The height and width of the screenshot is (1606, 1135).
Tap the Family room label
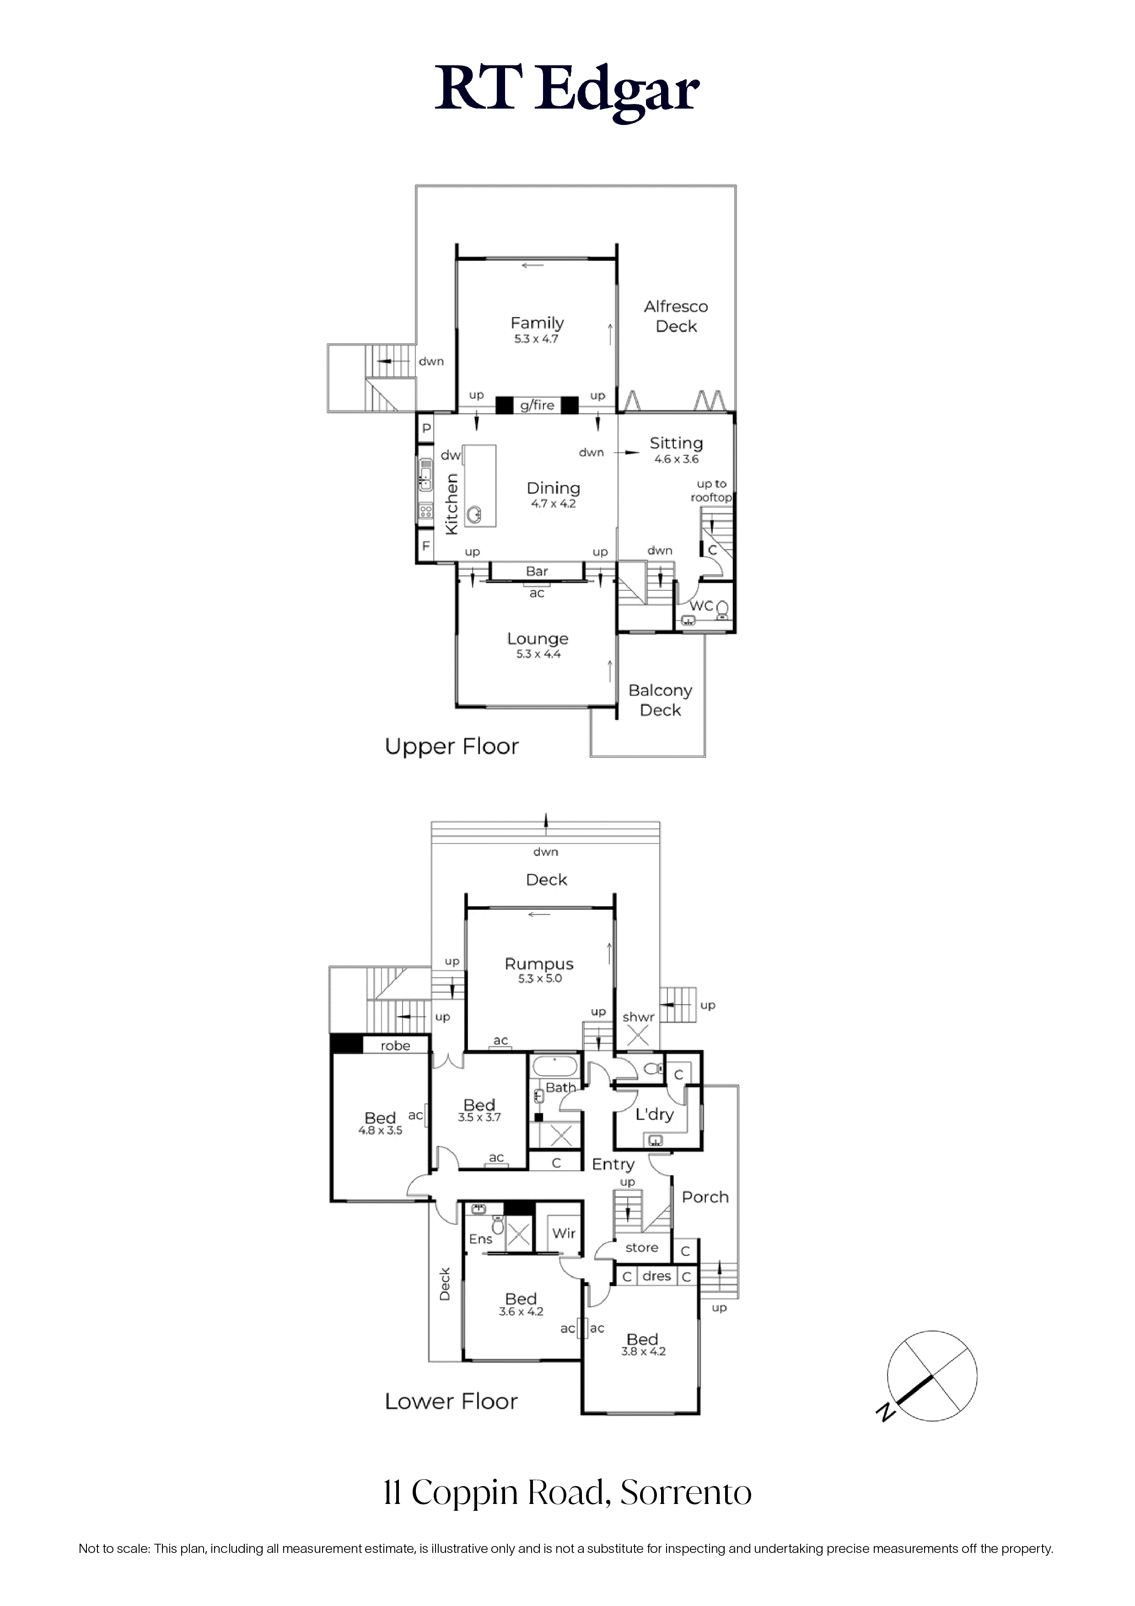537,323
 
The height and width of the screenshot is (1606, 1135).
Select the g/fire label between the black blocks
537,405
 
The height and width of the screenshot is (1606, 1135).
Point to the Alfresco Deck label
676,316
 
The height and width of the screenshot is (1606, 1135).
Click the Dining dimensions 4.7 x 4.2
553,503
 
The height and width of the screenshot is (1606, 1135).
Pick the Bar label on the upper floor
537,572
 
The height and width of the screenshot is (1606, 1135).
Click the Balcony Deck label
660,700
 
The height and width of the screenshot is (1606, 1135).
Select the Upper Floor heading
452,747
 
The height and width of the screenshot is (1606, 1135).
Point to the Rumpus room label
539,964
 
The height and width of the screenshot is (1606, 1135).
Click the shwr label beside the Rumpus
639,1017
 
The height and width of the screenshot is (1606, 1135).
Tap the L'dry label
655,1115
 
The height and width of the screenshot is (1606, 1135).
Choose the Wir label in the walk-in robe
564,1233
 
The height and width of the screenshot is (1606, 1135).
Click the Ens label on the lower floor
480,1239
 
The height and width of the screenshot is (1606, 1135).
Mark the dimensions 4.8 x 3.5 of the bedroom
381,1130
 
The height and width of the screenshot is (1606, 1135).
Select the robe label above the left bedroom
395,1046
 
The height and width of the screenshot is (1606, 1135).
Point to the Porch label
705,1197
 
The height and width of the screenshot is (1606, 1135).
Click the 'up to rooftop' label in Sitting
711,490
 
